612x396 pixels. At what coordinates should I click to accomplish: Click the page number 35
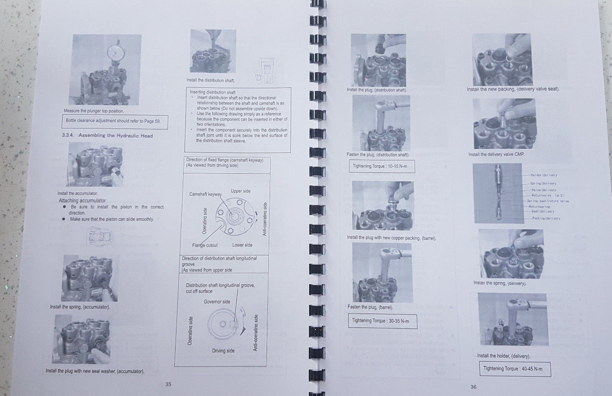click(168, 384)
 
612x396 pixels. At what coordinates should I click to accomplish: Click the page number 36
click(474, 387)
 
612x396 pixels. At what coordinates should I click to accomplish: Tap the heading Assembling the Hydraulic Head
click(115, 135)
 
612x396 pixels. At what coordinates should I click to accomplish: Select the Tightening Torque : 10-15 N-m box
click(381, 166)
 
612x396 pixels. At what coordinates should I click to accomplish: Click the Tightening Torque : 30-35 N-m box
click(382, 321)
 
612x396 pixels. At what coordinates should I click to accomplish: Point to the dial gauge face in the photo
click(116, 53)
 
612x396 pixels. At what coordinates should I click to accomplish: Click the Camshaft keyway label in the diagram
click(205, 194)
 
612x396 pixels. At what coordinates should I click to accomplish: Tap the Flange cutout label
click(205, 245)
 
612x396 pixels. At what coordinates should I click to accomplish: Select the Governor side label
click(217, 301)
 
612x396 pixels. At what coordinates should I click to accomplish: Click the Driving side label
click(223, 351)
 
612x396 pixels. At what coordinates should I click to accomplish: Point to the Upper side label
click(241, 191)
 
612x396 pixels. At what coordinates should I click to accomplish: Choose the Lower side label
click(242, 245)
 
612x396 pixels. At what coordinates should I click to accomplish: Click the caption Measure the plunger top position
click(94, 111)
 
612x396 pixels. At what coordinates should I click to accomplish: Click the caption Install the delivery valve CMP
click(496, 155)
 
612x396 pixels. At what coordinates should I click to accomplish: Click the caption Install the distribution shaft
click(210, 80)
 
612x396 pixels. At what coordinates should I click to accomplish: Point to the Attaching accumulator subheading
click(82, 201)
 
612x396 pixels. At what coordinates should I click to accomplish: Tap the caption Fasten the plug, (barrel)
click(370, 307)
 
